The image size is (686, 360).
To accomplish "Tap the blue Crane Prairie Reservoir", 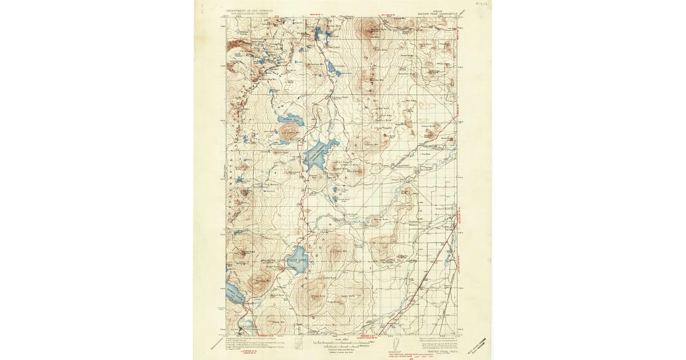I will point(316,153).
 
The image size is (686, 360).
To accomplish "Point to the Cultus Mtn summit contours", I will point(290,133).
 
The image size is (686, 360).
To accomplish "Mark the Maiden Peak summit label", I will point(246,252).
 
